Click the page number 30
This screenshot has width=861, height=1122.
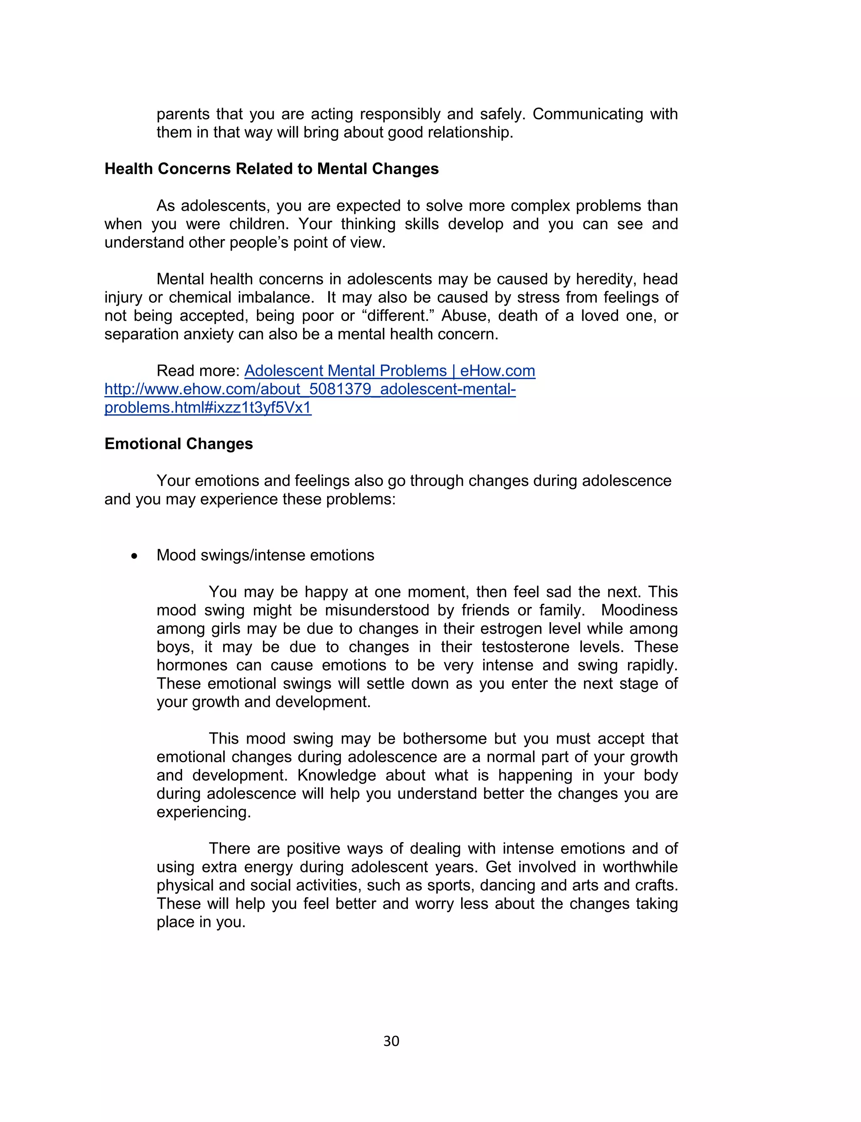pos(391,1040)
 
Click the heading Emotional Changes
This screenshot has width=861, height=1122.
pos(178,444)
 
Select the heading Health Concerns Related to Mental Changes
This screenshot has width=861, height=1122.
pos(271,169)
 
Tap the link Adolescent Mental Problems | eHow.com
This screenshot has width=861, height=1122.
pos(389,370)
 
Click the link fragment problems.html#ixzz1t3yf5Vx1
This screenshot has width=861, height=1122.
pos(208,407)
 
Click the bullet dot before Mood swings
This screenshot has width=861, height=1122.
pos(134,556)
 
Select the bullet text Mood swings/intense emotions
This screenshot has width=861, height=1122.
pos(265,555)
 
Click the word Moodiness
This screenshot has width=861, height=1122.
pos(639,610)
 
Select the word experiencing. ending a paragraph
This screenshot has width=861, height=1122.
pos(203,812)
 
